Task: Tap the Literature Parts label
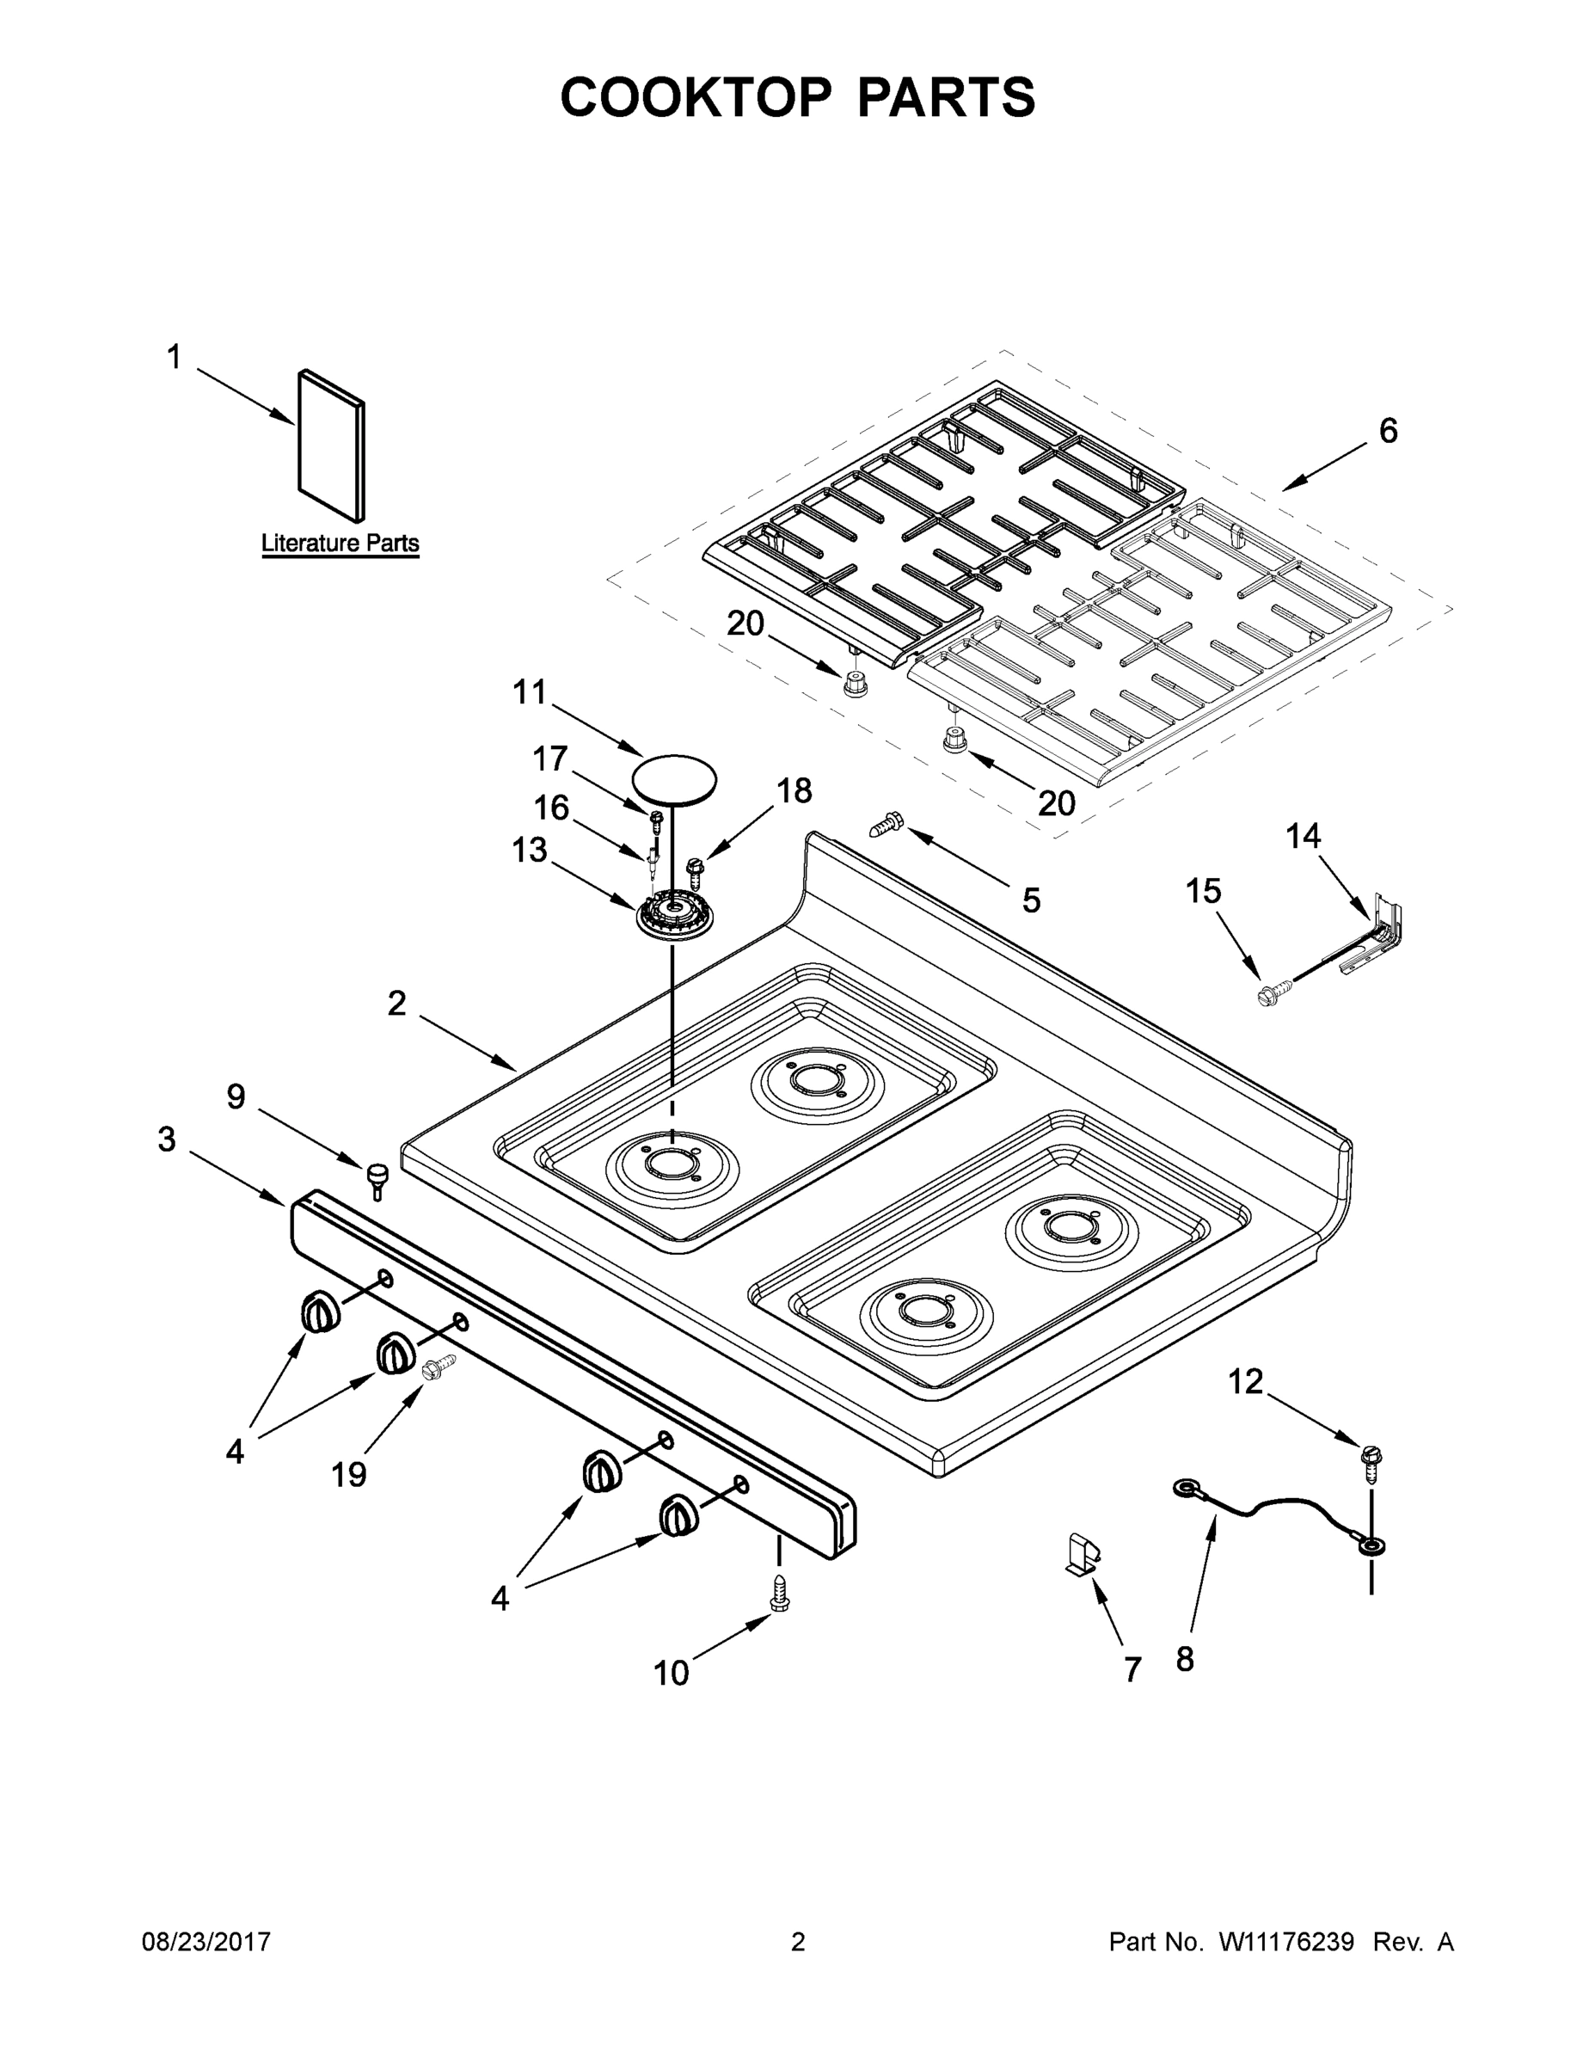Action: [x=340, y=544]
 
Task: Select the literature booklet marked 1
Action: [x=331, y=445]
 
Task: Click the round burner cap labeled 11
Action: [x=674, y=778]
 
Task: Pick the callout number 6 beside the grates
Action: [x=1387, y=431]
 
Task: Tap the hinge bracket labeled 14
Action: [x=1377, y=936]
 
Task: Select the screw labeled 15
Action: [x=1267, y=994]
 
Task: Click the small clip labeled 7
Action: [x=1082, y=1555]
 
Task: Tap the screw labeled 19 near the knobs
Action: [x=439, y=1366]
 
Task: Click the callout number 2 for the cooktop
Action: [x=397, y=1004]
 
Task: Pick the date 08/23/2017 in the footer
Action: [x=206, y=1942]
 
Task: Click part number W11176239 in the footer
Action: [x=1286, y=1942]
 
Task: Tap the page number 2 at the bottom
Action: [x=798, y=1942]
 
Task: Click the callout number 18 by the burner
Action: [x=794, y=791]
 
